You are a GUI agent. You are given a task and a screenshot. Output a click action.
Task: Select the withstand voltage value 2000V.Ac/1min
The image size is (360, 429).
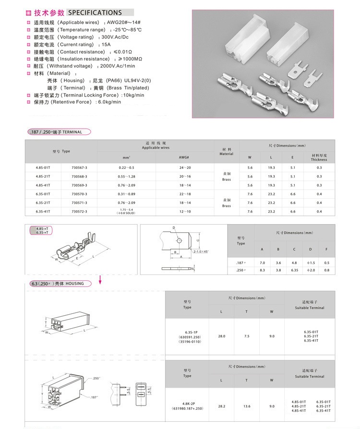(117, 66)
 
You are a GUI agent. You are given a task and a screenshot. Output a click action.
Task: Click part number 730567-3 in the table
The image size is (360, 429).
(79, 167)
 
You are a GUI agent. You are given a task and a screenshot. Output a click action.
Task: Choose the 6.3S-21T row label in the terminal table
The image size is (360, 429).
(43, 203)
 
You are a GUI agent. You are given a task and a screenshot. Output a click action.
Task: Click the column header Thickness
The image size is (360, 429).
(319, 160)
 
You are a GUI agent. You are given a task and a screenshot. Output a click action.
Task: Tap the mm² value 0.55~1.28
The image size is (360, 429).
(126, 176)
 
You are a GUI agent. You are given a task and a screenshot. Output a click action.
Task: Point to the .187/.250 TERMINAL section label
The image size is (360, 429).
(57, 132)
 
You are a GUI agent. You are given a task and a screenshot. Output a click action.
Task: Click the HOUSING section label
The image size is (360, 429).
(57, 284)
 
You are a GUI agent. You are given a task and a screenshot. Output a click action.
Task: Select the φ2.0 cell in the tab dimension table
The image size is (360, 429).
(311, 271)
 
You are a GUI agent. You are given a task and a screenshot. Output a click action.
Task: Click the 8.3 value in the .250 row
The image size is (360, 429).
(262, 271)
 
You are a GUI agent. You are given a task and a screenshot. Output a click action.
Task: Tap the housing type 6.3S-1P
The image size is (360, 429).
(187, 333)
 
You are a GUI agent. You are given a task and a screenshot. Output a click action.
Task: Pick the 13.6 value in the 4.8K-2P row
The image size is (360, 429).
(246, 406)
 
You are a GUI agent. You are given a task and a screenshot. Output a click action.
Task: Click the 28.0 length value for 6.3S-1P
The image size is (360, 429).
(221, 336)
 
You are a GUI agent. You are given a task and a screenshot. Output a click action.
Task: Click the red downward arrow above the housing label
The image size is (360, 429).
(100, 279)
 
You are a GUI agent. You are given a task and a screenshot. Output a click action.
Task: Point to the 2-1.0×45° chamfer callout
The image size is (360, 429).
(201, 251)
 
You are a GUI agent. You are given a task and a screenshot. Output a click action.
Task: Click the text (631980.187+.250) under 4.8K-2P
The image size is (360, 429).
(187, 408)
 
